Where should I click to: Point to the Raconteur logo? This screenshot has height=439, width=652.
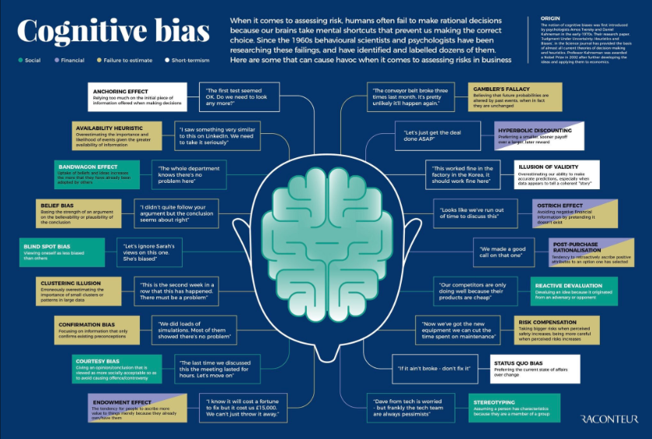[608, 420]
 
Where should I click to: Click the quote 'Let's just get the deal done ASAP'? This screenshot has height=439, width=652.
[439, 136]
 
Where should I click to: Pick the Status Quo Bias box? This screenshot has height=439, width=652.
[536, 367]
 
